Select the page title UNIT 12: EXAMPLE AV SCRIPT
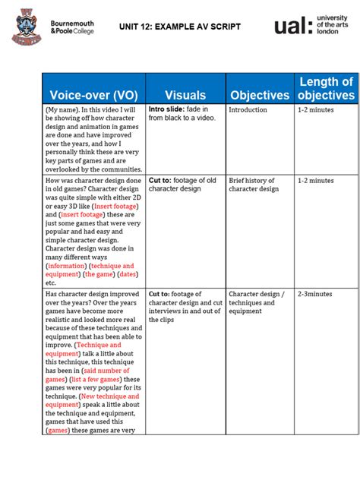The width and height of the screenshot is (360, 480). point(180,27)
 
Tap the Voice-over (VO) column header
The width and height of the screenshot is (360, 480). point(93,95)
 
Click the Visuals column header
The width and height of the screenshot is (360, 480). point(185,95)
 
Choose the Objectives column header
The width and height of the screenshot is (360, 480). point(260,95)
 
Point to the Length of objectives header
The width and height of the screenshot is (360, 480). point(326,88)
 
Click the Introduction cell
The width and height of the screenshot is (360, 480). point(248,110)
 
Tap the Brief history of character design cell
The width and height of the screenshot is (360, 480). point(254,185)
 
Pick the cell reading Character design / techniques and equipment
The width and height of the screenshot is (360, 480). point(257,302)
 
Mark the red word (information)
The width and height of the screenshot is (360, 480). point(66,267)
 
